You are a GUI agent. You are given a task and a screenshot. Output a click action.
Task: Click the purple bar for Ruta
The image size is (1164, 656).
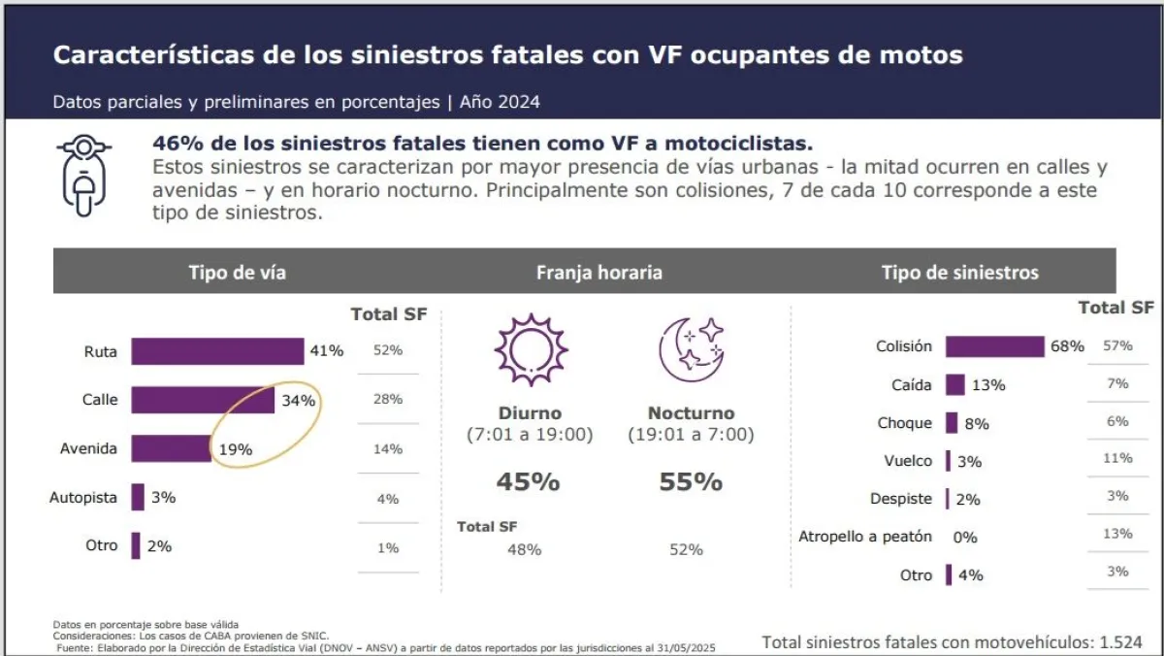coord(217,351)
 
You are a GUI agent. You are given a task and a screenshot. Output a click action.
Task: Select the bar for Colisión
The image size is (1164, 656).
coord(994,346)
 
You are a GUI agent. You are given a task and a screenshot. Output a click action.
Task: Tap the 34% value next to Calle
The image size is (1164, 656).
coord(299,400)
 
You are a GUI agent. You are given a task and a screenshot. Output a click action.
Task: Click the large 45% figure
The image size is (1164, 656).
coord(529,481)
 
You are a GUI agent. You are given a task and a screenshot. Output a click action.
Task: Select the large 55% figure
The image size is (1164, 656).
coord(691,481)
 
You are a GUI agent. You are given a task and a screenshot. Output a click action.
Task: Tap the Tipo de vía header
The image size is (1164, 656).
coord(237,272)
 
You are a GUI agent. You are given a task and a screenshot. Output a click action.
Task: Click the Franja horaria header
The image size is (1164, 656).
coord(598,273)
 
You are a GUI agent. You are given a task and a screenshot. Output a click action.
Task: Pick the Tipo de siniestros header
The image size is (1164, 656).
coord(959,273)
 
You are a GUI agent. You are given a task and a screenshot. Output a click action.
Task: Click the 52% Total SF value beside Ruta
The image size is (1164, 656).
coord(388,351)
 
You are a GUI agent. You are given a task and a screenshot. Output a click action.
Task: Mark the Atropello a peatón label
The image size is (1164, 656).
coord(864,537)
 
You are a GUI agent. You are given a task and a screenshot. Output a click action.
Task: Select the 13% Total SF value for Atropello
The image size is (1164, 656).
coord(1116,534)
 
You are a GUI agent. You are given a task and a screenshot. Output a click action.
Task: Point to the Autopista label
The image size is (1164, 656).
coord(83,498)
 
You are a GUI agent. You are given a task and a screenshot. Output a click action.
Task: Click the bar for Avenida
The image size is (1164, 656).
coord(171,448)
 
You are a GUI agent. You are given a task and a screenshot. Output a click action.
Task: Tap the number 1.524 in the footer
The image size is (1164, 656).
coord(1120,641)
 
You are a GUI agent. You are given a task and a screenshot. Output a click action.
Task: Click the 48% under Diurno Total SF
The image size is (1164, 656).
coord(525,549)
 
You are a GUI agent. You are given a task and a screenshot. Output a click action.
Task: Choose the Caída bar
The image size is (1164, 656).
coord(955,385)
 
